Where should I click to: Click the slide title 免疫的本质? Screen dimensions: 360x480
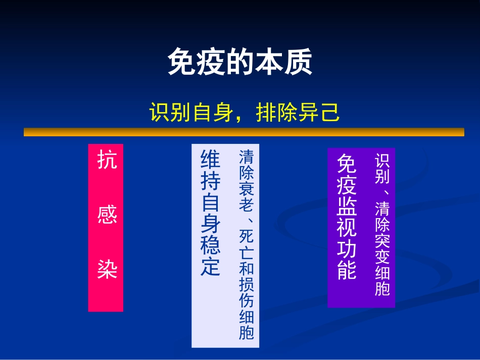239,63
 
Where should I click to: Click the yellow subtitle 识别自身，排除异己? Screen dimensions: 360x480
245,113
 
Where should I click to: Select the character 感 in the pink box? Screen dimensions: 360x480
107,215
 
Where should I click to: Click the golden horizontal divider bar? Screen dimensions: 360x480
244,132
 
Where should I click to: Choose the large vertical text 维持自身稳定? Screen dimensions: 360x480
211,213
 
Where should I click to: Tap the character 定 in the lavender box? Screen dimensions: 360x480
211,266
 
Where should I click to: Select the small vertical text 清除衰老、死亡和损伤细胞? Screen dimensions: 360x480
247,244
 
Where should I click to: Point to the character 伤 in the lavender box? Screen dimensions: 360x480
247,301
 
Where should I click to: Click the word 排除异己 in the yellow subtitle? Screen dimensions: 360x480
298,113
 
